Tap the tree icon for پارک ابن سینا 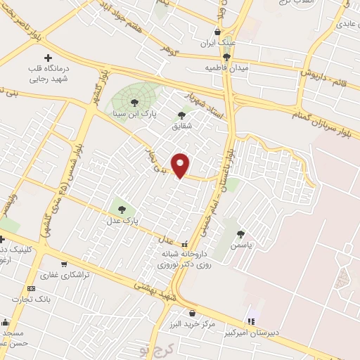coord(134,103)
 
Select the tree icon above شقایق coord(181,115)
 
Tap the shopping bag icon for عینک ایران coord(217,32)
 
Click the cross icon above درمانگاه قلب coord(48,58)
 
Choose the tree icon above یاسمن coord(241,234)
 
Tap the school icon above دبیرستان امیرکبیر coord(252,321)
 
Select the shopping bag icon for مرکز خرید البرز coord(192,314)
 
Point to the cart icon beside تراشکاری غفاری coord(64,264)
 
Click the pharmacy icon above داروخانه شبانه coord(184,245)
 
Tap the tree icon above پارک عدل coord(122,209)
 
